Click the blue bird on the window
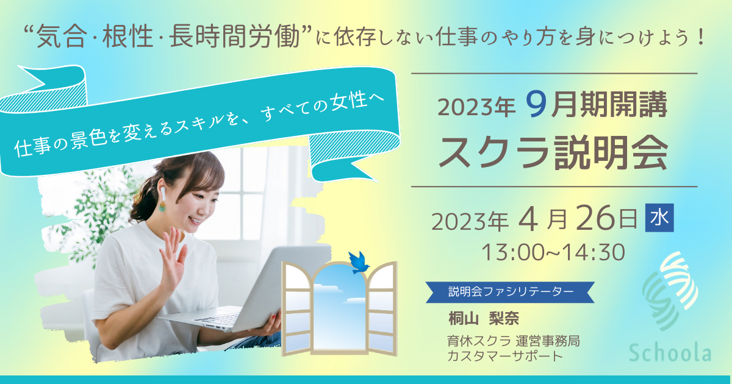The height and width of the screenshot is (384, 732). (x=359, y=262)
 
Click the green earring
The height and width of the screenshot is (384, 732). (x=162, y=207)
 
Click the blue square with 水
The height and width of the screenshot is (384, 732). (x=659, y=218)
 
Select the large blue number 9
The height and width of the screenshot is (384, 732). (x=537, y=105)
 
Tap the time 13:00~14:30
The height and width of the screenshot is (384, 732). (x=553, y=252)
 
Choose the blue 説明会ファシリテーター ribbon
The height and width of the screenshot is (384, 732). (x=510, y=292)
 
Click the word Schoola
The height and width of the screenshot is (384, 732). (x=670, y=353)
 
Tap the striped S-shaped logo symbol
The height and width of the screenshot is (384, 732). (x=670, y=291)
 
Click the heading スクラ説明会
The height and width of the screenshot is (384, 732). (x=553, y=152)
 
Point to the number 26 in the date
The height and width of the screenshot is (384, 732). (x=595, y=219)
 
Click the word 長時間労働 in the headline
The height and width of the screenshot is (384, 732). (x=234, y=37)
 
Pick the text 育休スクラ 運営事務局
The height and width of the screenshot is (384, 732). (x=514, y=341)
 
